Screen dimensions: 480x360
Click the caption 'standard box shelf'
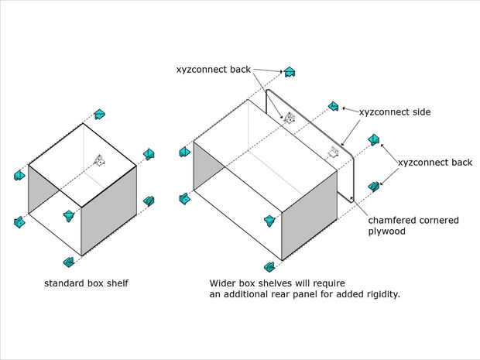[x=87, y=283]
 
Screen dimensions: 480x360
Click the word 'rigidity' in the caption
[x=382, y=294]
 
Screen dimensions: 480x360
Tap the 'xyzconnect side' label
[x=395, y=112]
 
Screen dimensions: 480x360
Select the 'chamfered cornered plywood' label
[x=413, y=225]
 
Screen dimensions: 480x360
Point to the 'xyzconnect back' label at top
[x=214, y=70]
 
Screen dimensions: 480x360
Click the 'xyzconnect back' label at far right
[x=435, y=163]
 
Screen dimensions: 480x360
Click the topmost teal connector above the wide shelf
[x=289, y=72]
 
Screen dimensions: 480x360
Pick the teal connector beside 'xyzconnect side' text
[x=334, y=106]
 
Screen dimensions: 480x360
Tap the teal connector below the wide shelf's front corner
[x=269, y=267]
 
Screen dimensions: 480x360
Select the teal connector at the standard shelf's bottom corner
[x=69, y=262]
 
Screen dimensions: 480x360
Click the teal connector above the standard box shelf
[x=100, y=114]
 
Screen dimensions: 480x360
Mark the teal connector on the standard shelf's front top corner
[x=69, y=216]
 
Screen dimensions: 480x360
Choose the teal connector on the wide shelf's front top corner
[x=269, y=221]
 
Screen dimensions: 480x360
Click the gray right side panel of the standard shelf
[x=108, y=211]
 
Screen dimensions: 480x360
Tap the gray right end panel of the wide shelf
[x=309, y=215]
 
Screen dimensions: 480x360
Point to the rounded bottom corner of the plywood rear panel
[x=351, y=201]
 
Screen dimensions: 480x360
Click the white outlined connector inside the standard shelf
[x=100, y=160]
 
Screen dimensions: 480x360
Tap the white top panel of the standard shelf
[x=82, y=166]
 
